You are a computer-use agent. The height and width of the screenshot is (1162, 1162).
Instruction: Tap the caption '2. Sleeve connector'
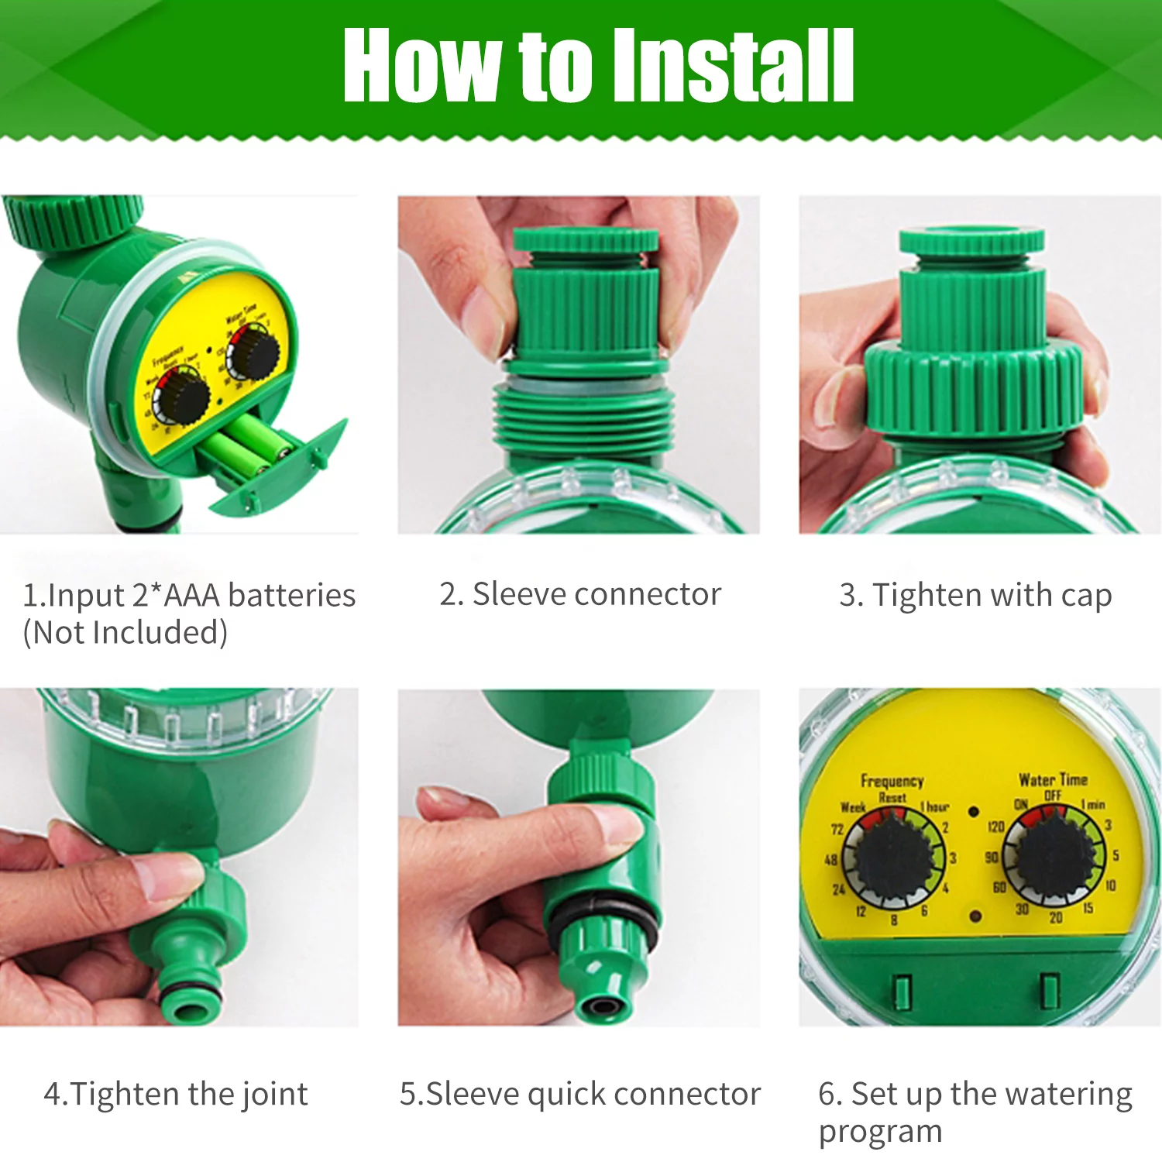click(580, 594)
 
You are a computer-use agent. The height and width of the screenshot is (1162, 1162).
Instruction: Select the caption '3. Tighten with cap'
click(975, 595)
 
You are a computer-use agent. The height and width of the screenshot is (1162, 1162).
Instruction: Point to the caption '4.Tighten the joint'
click(176, 1094)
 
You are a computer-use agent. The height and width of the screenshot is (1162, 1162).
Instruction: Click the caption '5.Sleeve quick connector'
click(580, 1094)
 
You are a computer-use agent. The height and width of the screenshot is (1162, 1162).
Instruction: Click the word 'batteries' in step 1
click(292, 595)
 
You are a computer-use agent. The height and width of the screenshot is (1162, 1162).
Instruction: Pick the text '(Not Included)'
click(125, 633)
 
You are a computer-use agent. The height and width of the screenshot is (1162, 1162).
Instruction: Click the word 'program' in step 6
click(880, 1132)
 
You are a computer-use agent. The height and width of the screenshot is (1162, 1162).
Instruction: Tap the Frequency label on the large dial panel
click(892, 781)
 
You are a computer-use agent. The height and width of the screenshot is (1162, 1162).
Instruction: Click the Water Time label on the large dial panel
click(1053, 779)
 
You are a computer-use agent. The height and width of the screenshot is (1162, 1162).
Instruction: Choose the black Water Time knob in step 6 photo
click(1054, 855)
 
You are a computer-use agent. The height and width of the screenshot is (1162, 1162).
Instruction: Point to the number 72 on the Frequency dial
click(837, 830)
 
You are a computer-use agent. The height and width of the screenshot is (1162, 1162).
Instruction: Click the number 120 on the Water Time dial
click(995, 827)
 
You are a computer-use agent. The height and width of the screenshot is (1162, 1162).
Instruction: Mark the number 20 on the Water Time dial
click(1055, 918)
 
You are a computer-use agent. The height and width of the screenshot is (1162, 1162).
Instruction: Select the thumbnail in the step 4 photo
click(167, 875)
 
